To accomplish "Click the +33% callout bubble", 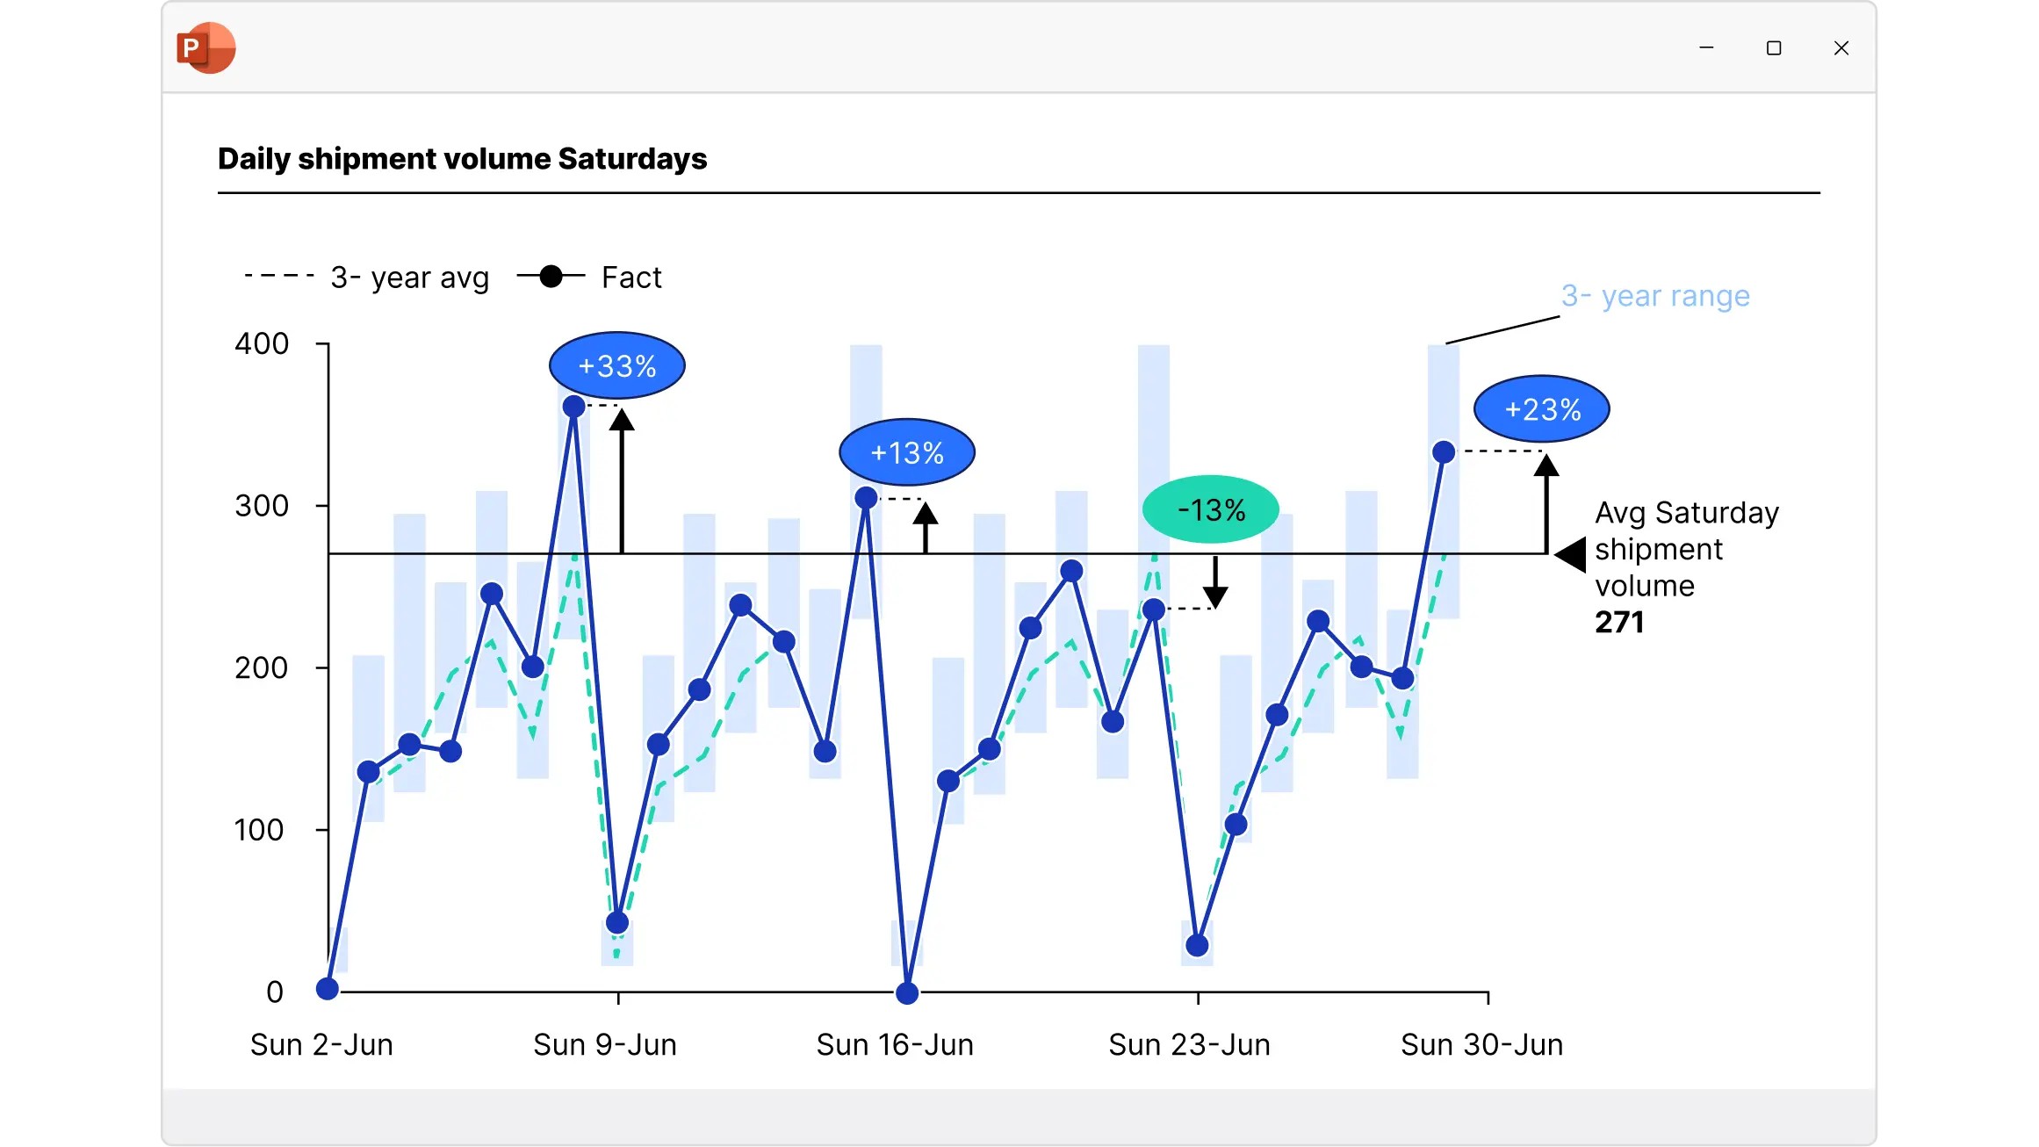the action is (x=617, y=365).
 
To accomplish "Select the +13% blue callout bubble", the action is (x=907, y=452).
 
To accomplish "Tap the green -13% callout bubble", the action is (x=1211, y=509).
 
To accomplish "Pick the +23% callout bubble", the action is (x=1542, y=409).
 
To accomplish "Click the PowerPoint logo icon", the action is (x=206, y=47).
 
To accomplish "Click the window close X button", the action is (x=1841, y=48).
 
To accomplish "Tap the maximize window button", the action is (x=1774, y=48).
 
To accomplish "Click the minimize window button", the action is (x=1706, y=47).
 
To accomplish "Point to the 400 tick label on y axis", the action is (x=262, y=343).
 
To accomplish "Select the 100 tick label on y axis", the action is (x=259, y=830).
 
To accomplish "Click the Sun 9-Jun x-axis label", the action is (x=605, y=1045).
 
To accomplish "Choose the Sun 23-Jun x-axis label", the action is (x=1189, y=1045).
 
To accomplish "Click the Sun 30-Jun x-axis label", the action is (x=1481, y=1045).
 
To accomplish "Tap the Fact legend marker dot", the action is (x=551, y=277).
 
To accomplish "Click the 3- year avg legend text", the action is (x=409, y=278).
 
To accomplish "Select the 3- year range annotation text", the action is (x=1655, y=296).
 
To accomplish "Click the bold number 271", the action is (x=1619, y=622).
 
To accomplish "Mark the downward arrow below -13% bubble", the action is (x=1215, y=581).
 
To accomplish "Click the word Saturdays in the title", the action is (x=632, y=159).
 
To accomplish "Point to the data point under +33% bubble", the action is (x=573, y=407).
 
